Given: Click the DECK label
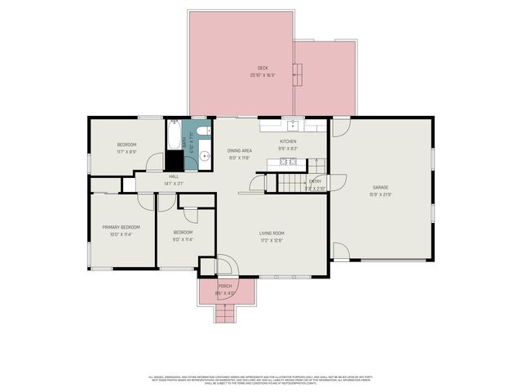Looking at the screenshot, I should click(263, 68).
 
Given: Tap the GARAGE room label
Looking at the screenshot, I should click(380, 187).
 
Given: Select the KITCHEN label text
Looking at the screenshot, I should click(288, 141).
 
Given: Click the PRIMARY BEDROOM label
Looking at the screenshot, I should click(121, 227).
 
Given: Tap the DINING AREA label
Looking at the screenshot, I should click(239, 151).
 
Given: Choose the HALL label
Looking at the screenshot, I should click(174, 176).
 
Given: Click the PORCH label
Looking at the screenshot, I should click(224, 286).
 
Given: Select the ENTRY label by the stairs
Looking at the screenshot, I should click(315, 181).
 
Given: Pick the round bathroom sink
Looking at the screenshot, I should click(205, 154).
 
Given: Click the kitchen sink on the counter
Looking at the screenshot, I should click(291, 125).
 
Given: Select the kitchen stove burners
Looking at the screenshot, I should click(288, 162).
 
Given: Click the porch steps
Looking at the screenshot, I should click(224, 313).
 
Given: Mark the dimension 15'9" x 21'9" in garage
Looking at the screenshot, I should click(380, 194).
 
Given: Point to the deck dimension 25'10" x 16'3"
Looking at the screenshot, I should click(263, 75).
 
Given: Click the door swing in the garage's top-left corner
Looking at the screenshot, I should click(340, 127).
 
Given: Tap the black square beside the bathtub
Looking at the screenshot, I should click(175, 160).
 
